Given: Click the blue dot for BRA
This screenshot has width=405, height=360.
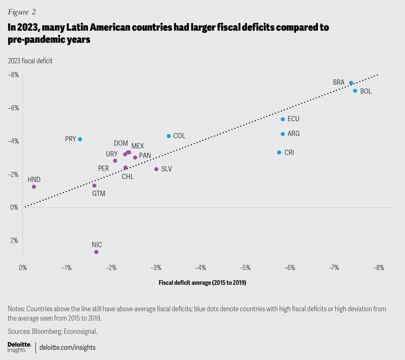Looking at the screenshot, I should (351, 83).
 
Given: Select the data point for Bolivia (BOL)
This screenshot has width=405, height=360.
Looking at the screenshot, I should (355, 91).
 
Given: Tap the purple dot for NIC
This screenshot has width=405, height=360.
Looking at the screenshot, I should (96, 252).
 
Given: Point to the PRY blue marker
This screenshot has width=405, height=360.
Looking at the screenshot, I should (80, 139).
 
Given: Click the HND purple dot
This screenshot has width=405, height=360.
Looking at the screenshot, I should (34, 187).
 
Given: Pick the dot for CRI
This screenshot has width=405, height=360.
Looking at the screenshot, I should (279, 152).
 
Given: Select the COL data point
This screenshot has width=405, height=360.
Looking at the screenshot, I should (169, 136).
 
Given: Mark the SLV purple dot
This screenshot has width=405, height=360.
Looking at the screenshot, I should (156, 169).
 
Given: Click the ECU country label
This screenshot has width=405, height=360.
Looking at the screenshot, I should (293, 119).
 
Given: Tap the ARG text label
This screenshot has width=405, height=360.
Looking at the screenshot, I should (293, 134).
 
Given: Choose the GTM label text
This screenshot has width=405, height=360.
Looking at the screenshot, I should (99, 194).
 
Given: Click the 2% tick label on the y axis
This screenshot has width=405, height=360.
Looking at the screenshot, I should (14, 241).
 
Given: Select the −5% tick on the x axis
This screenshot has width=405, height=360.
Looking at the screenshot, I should (245, 268).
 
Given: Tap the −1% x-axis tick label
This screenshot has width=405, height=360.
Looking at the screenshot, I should (66, 268).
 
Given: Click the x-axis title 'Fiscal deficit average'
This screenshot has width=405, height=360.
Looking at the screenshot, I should (202, 283).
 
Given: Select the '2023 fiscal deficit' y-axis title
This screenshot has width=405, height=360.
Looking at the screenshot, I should (30, 61).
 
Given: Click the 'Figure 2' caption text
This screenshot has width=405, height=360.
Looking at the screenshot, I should (22, 12).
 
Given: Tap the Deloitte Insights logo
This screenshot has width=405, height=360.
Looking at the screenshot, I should (19, 347).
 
